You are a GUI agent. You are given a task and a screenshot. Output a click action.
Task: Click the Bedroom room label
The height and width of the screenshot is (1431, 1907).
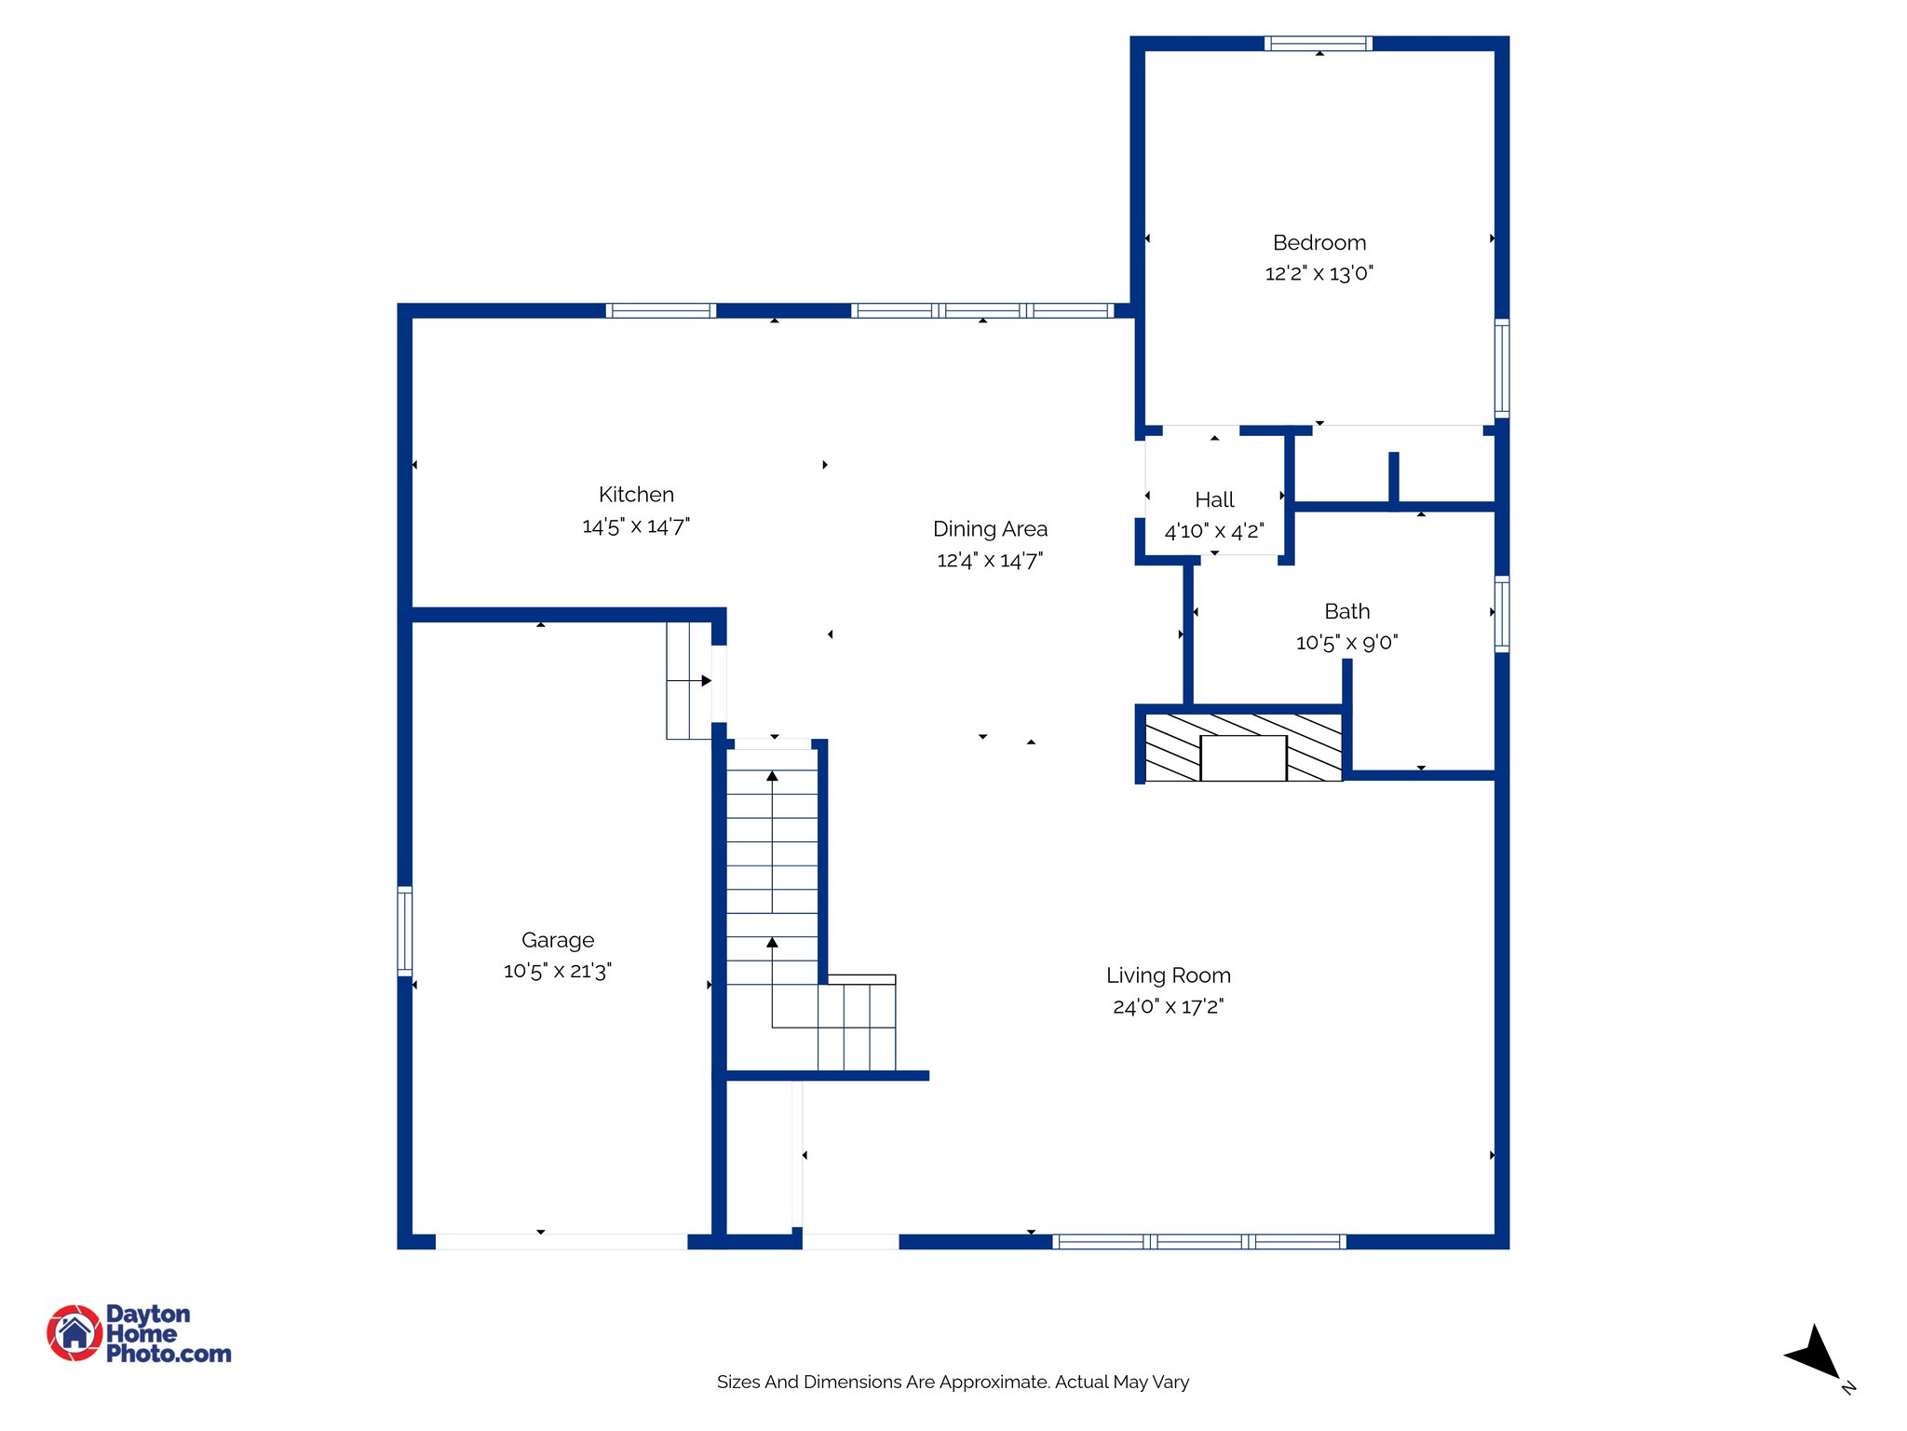click(x=1319, y=243)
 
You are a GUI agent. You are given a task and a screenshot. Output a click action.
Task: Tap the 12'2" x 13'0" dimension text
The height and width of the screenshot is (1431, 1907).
click(x=1319, y=274)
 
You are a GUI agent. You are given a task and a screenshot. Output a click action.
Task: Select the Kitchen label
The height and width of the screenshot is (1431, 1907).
click(x=636, y=495)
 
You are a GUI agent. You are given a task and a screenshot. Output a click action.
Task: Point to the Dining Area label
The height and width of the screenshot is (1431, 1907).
click(x=990, y=529)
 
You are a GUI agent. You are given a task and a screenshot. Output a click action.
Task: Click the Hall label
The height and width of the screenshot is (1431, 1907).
click(x=1214, y=500)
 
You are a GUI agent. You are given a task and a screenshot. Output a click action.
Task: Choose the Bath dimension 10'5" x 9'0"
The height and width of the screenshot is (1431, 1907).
click(x=1346, y=643)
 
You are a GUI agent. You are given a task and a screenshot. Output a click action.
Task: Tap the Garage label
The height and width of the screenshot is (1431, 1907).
click(x=557, y=940)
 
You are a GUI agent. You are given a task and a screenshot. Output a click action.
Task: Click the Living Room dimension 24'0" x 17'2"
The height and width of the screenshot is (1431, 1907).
click(x=1168, y=1007)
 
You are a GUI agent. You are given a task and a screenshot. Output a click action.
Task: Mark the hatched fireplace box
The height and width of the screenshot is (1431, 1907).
click(x=1242, y=747)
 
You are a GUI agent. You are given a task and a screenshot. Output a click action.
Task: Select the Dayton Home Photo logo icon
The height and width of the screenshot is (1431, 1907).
click(x=74, y=1332)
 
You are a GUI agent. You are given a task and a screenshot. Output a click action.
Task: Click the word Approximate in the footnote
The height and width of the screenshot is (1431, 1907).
click(x=994, y=1383)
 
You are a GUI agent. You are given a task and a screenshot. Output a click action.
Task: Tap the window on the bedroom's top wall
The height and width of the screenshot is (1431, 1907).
click(x=1318, y=43)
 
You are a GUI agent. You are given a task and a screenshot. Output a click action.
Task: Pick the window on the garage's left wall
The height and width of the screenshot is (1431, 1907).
click(x=405, y=931)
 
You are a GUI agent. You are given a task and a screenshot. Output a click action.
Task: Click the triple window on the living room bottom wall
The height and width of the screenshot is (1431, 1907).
click(x=1198, y=1241)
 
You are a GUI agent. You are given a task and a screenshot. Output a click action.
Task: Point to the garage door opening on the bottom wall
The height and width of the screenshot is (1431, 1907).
click(x=561, y=1241)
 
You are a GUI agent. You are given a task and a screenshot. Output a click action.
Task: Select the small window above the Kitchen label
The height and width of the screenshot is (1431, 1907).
click(x=660, y=311)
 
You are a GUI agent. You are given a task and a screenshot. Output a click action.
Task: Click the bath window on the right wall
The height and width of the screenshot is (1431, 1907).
click(x=1501, y=614)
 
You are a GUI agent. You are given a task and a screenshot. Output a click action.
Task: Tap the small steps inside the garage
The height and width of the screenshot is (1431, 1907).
click(x=689, y=681)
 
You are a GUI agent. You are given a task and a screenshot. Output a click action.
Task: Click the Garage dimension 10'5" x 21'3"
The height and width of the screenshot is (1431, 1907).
click(x=557, y=971)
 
